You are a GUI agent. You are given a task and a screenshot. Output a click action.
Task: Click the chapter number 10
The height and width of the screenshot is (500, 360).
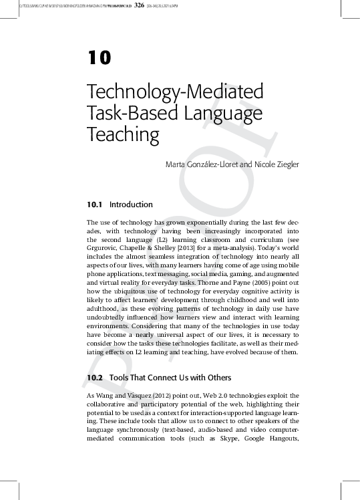(x=99, y=58)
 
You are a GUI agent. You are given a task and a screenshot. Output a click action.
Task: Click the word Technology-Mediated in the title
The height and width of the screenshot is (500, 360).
(x=175, y=92)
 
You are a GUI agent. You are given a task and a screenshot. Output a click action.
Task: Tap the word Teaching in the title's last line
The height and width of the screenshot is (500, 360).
(x=124, y=135)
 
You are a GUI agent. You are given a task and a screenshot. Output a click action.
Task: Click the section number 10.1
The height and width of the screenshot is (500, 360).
(x=95, y=205)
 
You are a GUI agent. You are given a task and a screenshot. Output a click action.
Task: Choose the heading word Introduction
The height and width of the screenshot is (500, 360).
(x=131, y=205)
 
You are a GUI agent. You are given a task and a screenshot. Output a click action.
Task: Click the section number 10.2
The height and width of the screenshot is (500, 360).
(x=95, y=378)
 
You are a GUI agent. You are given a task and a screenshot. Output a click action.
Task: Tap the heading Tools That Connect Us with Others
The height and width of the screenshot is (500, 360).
(x=166, y=378)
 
